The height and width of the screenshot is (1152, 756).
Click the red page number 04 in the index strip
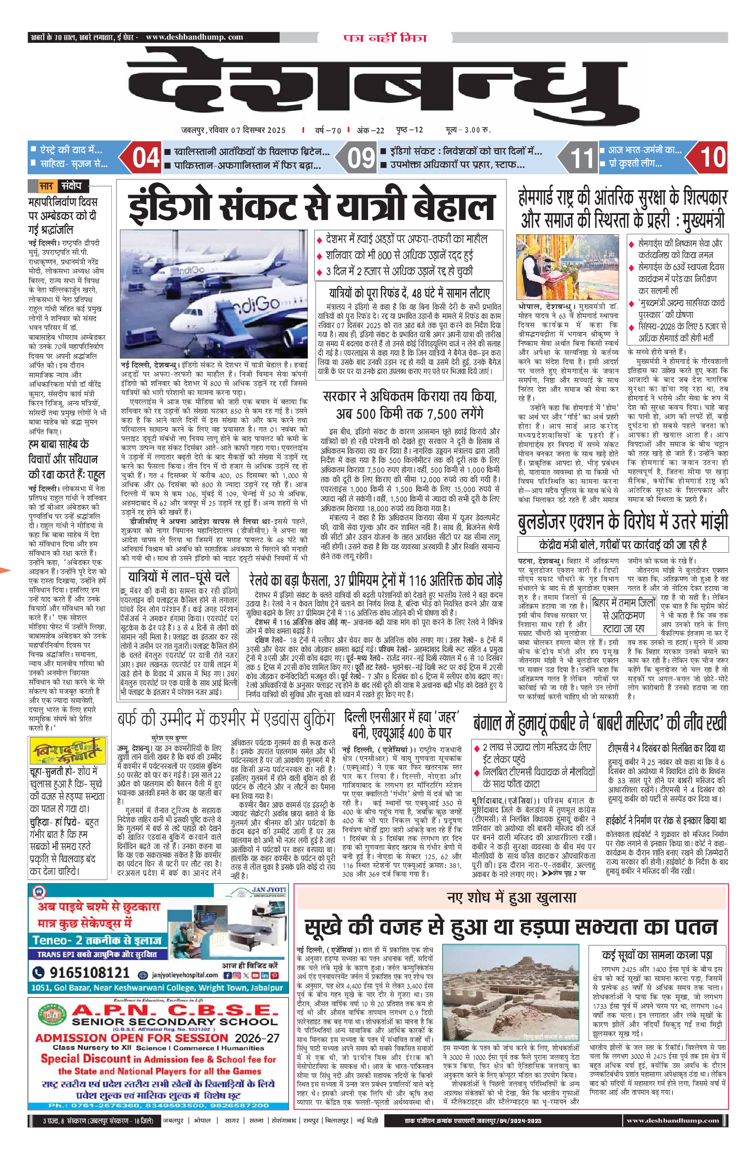click(146, 158)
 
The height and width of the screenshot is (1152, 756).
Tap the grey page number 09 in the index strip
click(361, 158)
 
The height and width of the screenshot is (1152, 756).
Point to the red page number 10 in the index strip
click(712, 158)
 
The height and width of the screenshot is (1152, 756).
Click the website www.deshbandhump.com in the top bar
click(194, 37)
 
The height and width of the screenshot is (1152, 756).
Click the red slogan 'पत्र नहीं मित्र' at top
click(385, 38)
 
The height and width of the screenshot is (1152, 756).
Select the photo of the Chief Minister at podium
click(567, 266)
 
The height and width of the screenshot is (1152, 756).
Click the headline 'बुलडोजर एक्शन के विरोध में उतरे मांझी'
click(623, 521)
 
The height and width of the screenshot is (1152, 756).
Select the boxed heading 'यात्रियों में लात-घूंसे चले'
click(179, 577)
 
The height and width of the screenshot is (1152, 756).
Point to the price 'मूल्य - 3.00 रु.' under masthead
click(467, 130)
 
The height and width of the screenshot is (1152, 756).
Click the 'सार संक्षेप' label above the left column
click(62, 186)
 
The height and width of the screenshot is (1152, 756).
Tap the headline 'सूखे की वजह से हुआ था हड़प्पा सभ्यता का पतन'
click(510, 927)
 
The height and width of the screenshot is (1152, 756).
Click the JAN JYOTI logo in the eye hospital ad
click(268, 890)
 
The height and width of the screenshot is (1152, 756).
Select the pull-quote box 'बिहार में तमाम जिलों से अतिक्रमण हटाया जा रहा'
click(623, 615)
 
